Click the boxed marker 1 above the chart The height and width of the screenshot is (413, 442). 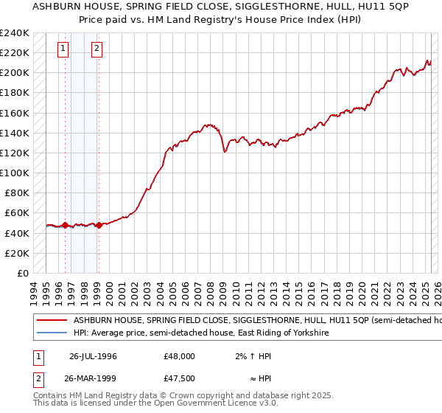(x=64, y=49)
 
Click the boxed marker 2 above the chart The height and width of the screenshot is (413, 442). (x=97, y=49)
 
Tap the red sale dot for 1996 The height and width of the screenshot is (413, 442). (x=65, y=225)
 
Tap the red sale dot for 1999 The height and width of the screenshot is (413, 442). (x=98, y=225)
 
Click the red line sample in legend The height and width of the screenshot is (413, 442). (x=52, y=321)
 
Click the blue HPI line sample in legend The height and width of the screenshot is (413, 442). (x=52, y=333)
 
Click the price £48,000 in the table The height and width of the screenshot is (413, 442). (x=179, y=355)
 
